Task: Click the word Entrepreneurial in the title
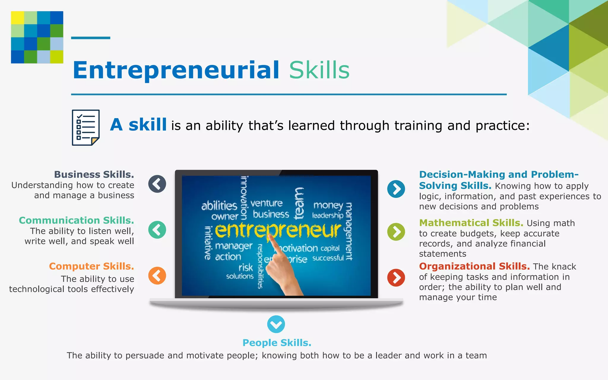point(176,70)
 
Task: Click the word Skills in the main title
point(319,70)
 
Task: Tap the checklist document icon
point(85,128)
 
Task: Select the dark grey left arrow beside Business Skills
point(157,184)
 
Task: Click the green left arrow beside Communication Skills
point(157,230)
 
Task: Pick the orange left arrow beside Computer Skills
point(157,275)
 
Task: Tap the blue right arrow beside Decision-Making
point(396,189)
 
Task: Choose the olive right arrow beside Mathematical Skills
point(396,232)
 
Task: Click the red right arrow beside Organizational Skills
point(396,278)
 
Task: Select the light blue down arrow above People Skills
point(276,324)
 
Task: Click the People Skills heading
point(277,343)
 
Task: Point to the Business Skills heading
point(94,175)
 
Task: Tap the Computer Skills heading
point(91,266)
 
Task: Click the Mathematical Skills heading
point(471,223)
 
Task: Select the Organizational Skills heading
point(474,266)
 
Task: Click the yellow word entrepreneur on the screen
point(278,231)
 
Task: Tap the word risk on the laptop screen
point(246,267)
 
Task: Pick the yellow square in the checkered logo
point(18,18)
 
